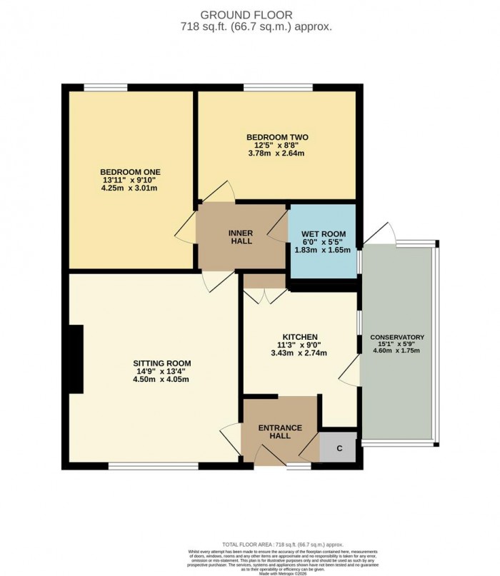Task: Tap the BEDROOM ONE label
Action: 129,172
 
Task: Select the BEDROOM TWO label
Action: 276,137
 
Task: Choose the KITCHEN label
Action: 299,337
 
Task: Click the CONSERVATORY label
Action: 397,338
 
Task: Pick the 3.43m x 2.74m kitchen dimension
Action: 299,353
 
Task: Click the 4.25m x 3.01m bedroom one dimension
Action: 129,189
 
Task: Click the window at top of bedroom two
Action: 277,88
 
